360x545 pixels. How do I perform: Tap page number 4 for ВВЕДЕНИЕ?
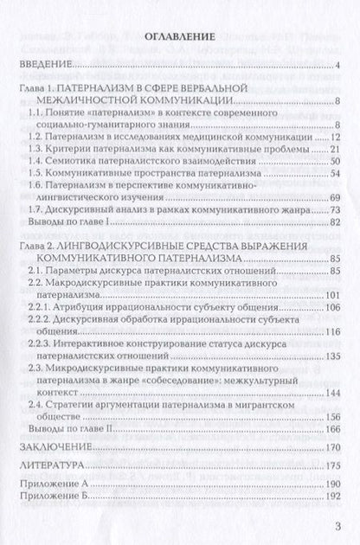342,67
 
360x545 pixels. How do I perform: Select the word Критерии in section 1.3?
74,151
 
